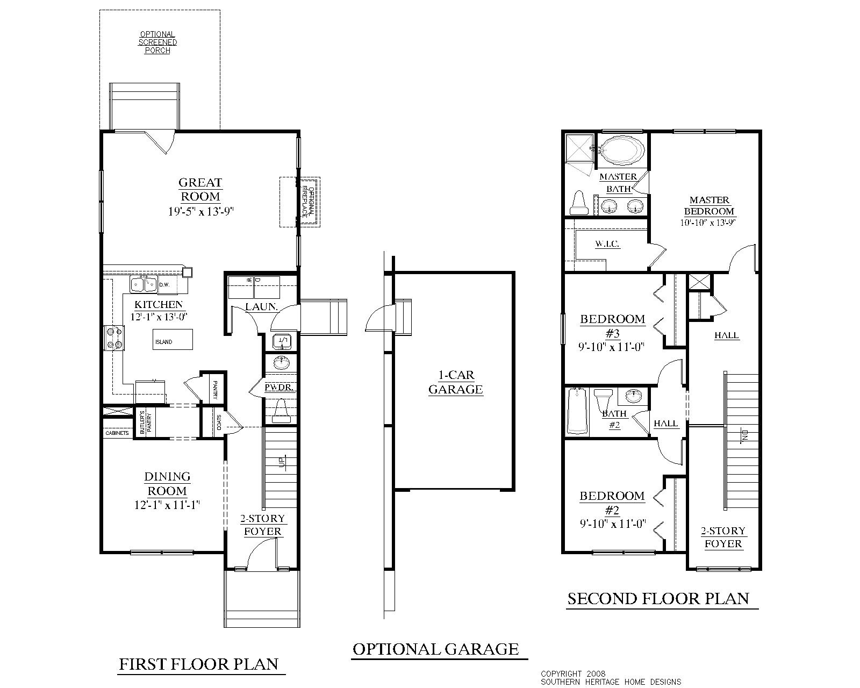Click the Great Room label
[x=200, y=190]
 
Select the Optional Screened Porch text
[x=157, y=42]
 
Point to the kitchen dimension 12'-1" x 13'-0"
[x=159, y=317]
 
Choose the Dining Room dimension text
[x=168, y=505]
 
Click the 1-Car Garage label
[x=455, y=382]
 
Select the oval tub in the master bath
[x=621, y=149]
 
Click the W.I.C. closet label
[x=607, y=244]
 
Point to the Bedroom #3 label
[x=612, y=326]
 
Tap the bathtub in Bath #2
[x=577, y=411]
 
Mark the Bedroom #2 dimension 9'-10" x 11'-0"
[x=612, y=522]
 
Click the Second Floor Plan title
[x=658, y=599]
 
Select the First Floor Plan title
[x=198, y=664]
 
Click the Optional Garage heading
[x=436, y=649]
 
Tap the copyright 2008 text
[x=573, y=673]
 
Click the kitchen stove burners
[x=113, y=338]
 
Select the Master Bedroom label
[x=709, y=206]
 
